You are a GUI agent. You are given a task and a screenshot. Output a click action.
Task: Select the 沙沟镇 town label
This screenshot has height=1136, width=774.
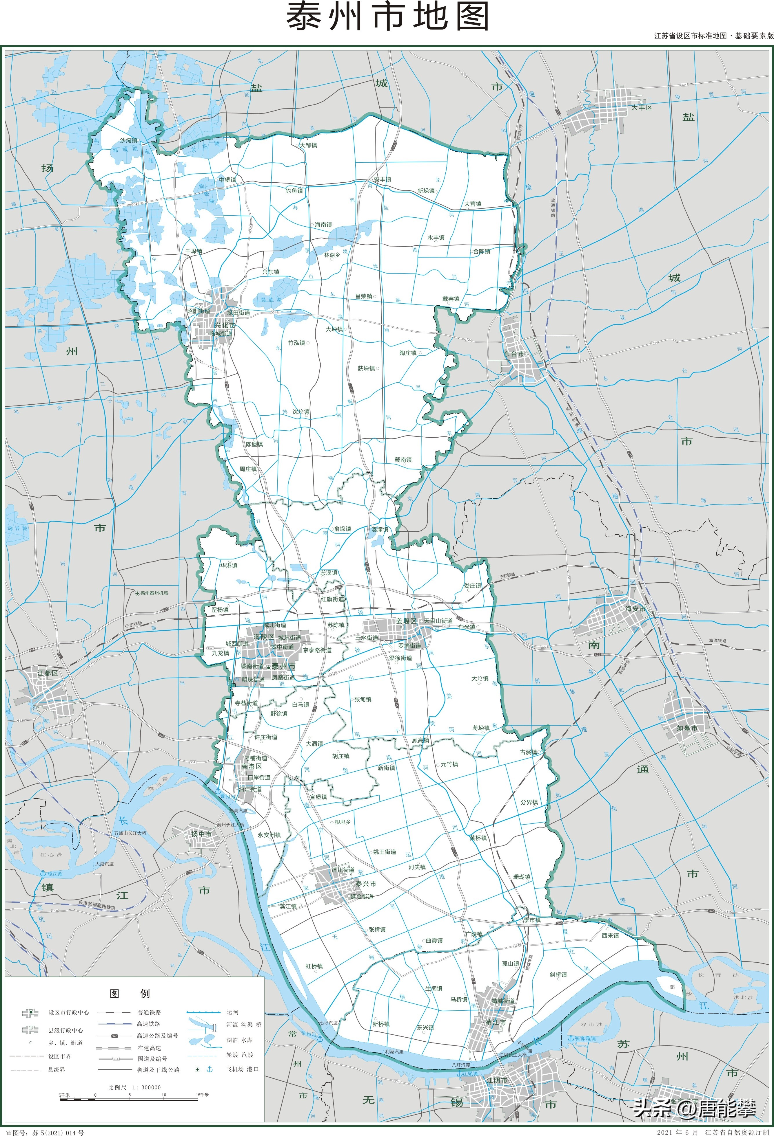click(x=129, y=140)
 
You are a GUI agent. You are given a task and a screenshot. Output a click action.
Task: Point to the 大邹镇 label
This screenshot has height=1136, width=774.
click(x=308, y=145)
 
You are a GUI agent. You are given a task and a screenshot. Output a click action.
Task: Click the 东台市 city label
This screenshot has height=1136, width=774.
click(x=514, y=354)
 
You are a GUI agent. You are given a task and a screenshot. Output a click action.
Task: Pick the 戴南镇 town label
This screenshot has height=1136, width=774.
click(x=403, y=460)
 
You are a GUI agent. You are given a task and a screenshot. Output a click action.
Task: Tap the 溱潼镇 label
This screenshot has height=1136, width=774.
click(x=380, y=529)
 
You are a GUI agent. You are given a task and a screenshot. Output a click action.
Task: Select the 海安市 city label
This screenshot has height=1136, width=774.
click(x=635, y=609)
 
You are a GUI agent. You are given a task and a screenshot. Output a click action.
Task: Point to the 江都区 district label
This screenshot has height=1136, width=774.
click(x=48, y=673)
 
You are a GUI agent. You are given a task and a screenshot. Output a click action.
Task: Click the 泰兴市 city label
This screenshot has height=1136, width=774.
click(x=366, y=884)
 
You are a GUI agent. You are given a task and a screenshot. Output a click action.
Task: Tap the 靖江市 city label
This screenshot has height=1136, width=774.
click(x=496, y=1022)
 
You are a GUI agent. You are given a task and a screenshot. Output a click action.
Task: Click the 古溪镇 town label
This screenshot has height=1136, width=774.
click(x=528, y=752)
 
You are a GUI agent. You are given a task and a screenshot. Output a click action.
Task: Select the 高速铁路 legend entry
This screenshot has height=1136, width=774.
click(x=149, y=1024)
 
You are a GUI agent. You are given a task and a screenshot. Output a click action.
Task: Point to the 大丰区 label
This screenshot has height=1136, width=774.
click(x=641, y=108)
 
